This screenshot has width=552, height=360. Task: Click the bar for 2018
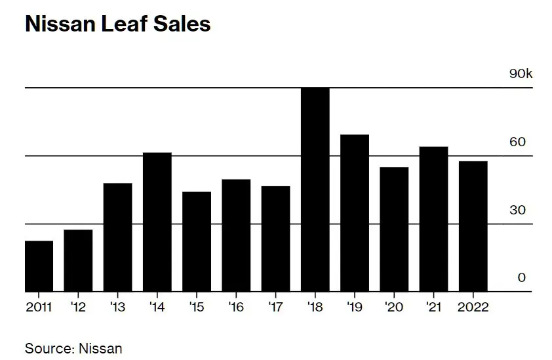point(315,190)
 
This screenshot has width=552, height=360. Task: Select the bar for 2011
point(39,266)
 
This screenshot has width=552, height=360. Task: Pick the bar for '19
point(354,213)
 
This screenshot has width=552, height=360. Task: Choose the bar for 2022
point(473,226)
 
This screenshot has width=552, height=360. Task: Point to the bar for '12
point(78,260)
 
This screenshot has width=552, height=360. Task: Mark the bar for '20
point(394,230)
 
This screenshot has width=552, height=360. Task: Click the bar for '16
point(236,235)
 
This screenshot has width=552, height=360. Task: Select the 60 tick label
point(518,142)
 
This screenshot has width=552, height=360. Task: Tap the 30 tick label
point(518,210)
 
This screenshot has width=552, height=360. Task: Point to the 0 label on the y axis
point(522,278)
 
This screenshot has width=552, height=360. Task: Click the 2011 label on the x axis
point(39,307)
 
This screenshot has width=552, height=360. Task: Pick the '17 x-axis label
point(275,307)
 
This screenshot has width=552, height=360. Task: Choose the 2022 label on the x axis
point(473,307)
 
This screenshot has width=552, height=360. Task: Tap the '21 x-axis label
point(433,307)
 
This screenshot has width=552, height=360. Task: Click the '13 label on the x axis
point(118,307)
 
